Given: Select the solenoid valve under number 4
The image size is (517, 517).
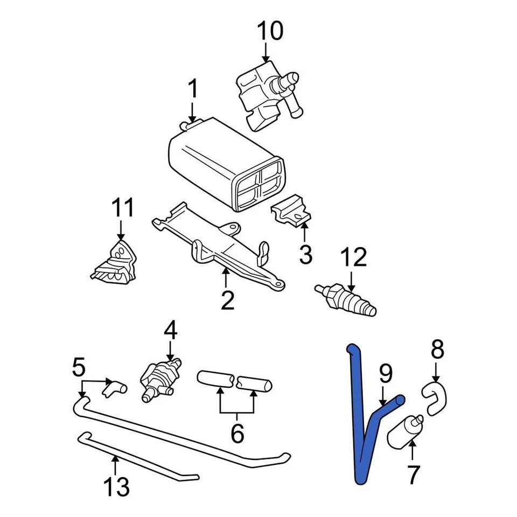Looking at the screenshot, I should point(159,375).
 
